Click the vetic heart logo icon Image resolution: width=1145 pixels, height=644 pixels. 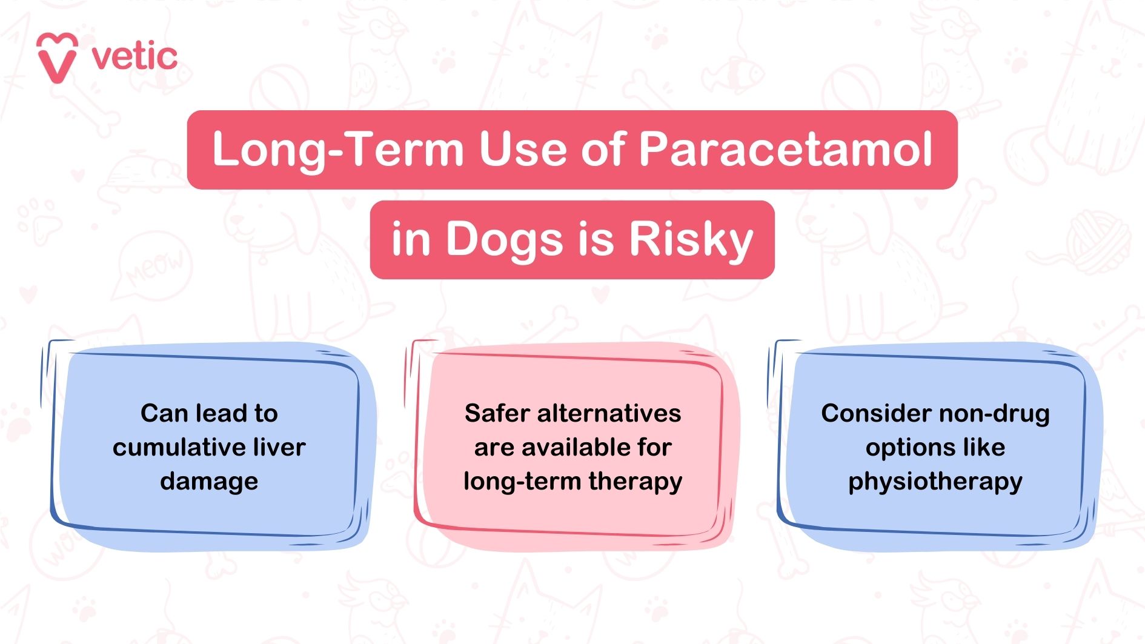pyautogui.click(x=57, y=58)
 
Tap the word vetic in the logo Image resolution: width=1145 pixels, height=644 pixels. pyautogui.click(x=134, y=57)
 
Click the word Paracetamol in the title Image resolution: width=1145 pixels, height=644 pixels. pyautogui.click(x=785, y=149)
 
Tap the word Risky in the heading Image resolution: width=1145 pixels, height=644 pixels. pyautogui.click(x=691, y=239)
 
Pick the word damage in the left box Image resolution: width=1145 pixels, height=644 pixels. pyautogui.click(x=209, y=482)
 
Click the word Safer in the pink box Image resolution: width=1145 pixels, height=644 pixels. pyautogui.click(x=496, y=414)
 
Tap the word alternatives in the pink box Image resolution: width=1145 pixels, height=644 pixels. pyautogui.click(x=608, y=414)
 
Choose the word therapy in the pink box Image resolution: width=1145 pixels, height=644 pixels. pyautogui.click(x=635, y=482)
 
